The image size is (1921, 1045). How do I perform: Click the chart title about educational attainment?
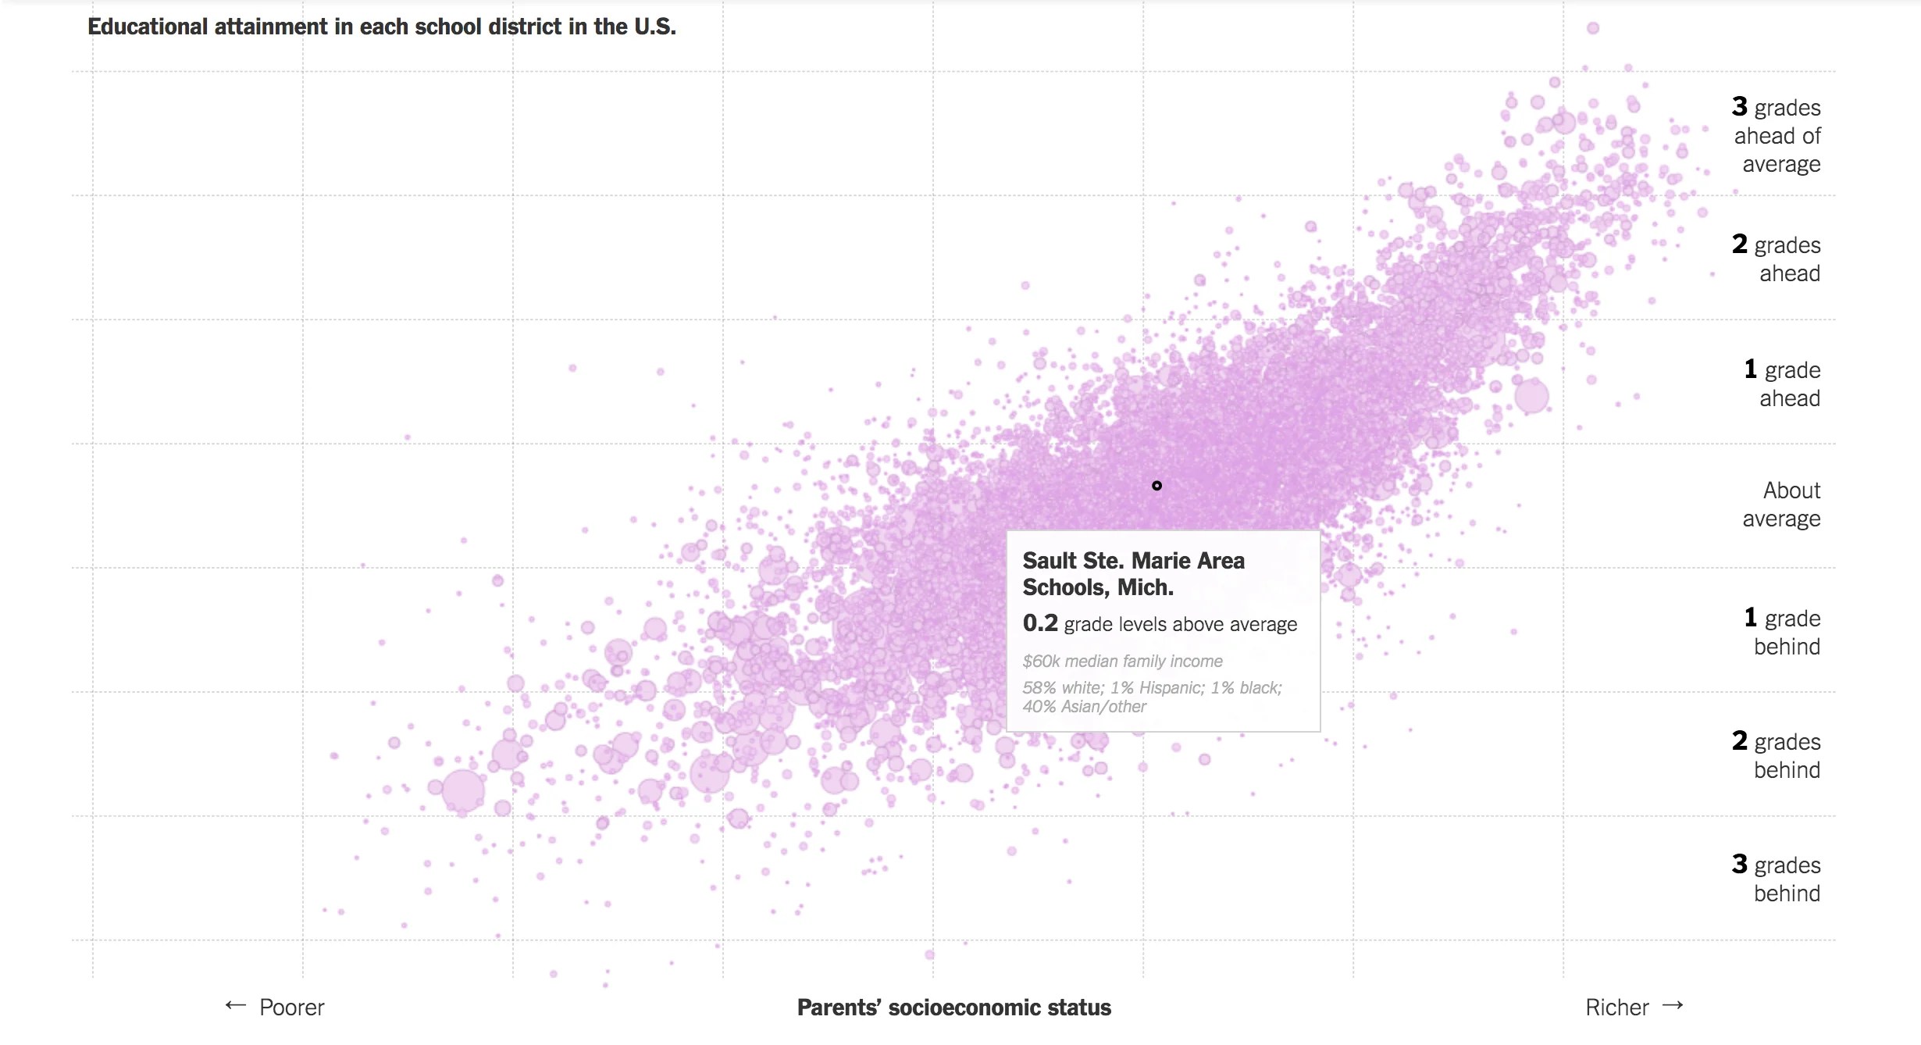pyautogui.click(x=381, y=27)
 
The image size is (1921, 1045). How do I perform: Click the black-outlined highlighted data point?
pyautogui.click(x=1157, y=486)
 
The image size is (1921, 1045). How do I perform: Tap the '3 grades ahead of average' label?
pyautogui.click(x=1777, y=135)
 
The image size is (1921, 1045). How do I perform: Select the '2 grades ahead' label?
pyautogui.click(x=1777, y=259)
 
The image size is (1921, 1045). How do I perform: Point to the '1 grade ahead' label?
pyautogui.click(x=1783, y=383)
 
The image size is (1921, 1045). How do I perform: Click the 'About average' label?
pyautogui.click(x=1782, y=505)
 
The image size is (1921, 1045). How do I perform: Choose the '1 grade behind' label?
pyautogui.click(x=1783, y=632)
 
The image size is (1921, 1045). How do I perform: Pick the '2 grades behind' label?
pyautogui.click(x=1777, y=755)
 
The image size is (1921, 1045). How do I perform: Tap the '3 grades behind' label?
pyautogui.click(x=1777, y=879)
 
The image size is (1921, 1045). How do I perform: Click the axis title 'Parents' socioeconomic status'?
pyautogui.click(x=953, y=1008)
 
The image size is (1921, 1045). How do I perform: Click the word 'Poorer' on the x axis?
pyautogui.click(x=291, y=1008)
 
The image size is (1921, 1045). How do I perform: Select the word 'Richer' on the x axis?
pyautogui.click(x=1616, y=1008)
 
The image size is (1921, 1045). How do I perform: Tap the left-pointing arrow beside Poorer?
pyautogui.click(x=235, y=1005)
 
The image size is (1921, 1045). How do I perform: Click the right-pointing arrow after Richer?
pyautogui.click(x=1673, y=1005)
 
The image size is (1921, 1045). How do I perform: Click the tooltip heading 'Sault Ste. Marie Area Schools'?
pyautogui.click(x=1133, y=573)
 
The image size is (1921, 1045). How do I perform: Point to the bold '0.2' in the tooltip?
pyautogui.click(x=1040, y=623)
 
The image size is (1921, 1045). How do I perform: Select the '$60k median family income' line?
pyautogui.click(x=1122, y=661)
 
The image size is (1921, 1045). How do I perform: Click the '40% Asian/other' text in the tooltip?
pyautogui.click(x=1084, y=707)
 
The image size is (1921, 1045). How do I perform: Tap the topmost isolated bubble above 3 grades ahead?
pyautogui.click(x=1593, y=28)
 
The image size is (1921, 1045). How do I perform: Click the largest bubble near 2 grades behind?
pyautogui.click(x=463, y=790)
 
